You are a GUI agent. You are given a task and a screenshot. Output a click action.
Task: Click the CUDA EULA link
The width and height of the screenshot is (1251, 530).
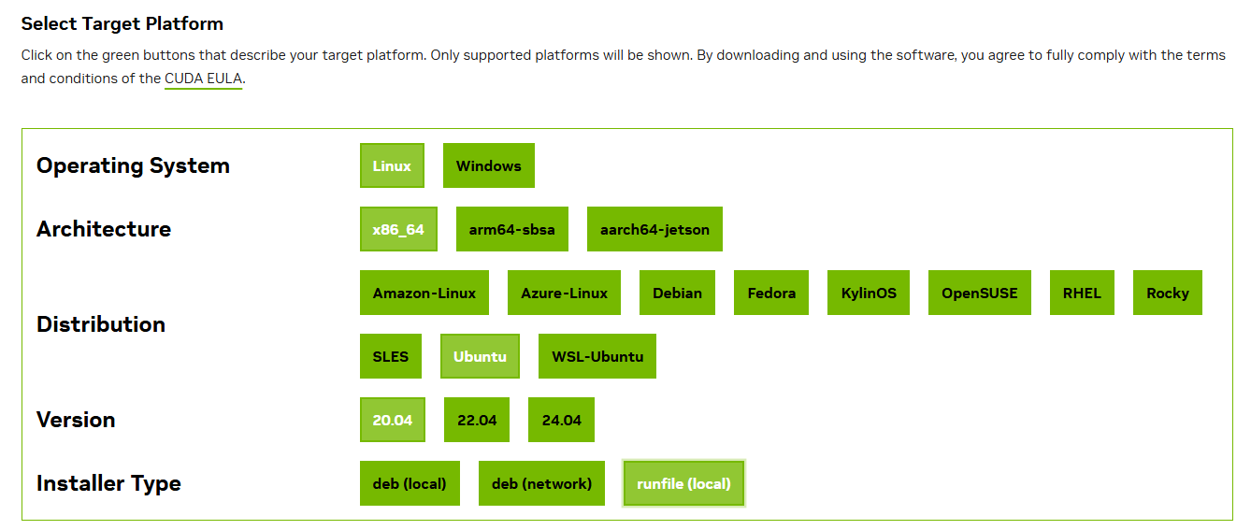pyautogui.click(x=203, y=79)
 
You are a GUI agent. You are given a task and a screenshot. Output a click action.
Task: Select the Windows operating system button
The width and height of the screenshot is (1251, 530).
pyautogui.click(x=489, y=165)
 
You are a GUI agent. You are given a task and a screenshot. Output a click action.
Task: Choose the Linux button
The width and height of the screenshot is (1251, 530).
pyautogui.click(x=392, y=165)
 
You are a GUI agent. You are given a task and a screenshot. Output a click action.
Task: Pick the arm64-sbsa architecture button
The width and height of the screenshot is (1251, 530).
pyautogui.click(x=512, y=230)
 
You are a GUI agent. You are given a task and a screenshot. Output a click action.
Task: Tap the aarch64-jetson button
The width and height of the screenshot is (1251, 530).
pyautogui.click(x=654, y=230)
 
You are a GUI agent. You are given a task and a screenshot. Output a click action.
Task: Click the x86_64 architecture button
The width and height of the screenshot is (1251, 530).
pyautogui.click(x=398, y=230)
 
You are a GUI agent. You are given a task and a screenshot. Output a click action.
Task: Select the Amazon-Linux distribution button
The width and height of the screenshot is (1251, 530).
pyautogui.click(x=424, y=294)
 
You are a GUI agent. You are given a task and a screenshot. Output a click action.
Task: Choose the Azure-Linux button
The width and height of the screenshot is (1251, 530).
pyautogui.click(x=564, y=294)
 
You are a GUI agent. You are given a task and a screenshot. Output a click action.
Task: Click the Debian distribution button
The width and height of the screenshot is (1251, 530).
pyautogui.click(x=678, y=294)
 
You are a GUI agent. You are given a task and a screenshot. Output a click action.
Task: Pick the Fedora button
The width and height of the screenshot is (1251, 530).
pyautogui.click(x=771, y=294)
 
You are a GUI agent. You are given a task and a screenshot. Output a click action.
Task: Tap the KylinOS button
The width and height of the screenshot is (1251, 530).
pyautogui.click(x=869, y=294)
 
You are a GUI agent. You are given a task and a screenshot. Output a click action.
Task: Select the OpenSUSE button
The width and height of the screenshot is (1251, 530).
pyautogui.click(x=980, y=294)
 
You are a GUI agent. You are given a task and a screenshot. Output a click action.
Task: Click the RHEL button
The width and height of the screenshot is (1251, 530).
pyautogui.click(x=1082, y=294)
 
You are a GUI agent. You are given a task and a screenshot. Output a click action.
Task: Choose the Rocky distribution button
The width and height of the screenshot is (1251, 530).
pyautogui.click(x=1168, y=294)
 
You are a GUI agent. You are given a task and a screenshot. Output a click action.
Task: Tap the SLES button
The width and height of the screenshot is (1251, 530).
pyautogui.click(x=391, y=356)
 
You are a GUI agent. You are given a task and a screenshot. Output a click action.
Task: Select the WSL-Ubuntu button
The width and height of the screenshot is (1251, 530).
pyautogui.click(x=597, y=356)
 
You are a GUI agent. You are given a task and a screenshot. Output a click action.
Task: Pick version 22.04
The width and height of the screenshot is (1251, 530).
pyautogui.click(x=477, y=420)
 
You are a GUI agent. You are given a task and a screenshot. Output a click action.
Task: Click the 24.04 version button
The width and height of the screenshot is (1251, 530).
pyautogui.click(x=561, y=420)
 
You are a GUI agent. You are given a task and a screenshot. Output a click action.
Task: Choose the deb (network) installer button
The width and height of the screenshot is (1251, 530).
pyautogui.click(x=541, y=483)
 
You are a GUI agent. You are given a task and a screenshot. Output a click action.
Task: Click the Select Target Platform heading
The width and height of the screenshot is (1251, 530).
pyautogui.click(x=122, y=24)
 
